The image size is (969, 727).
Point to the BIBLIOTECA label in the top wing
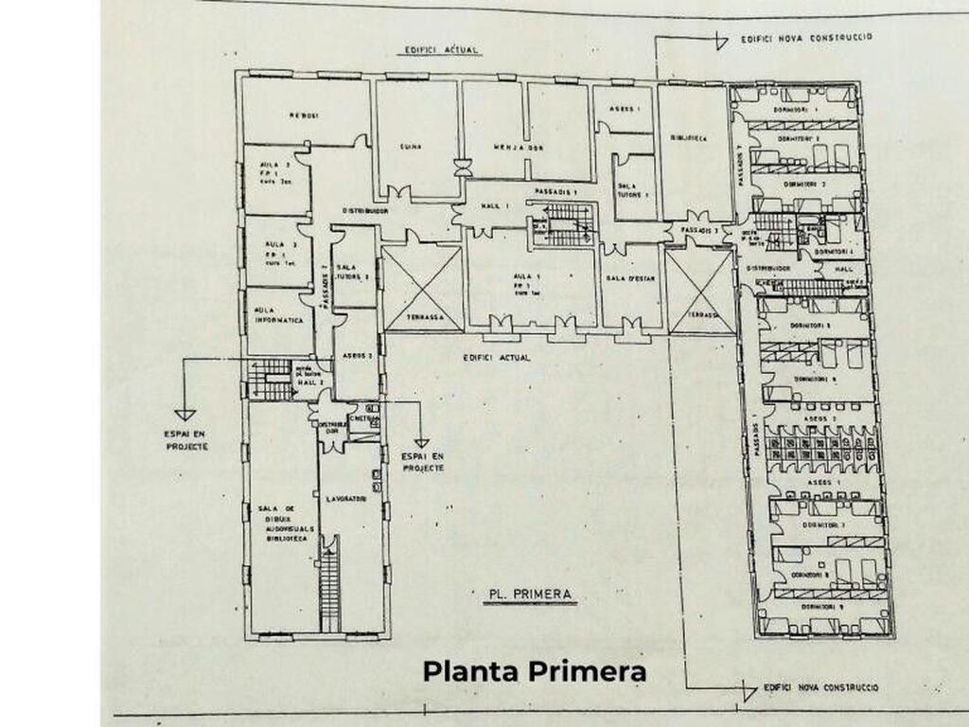tap(690, 138)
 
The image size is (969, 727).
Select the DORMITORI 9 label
tap(820, 605)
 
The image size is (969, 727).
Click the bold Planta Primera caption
tap(535, 672)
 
